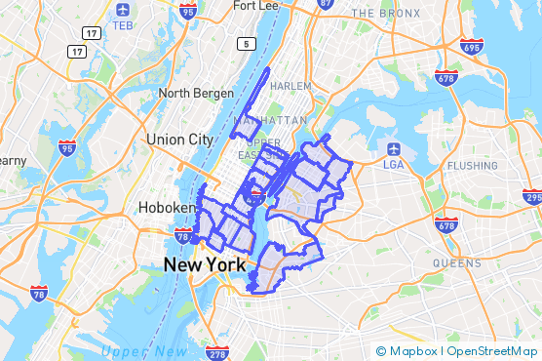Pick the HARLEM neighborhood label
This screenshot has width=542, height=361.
290,86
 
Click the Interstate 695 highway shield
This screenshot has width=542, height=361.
471,47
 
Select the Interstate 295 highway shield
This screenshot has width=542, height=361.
532,197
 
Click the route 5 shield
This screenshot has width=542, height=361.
250,43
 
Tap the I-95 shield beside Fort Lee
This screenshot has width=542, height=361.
188,12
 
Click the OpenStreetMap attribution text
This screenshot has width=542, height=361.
493,351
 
